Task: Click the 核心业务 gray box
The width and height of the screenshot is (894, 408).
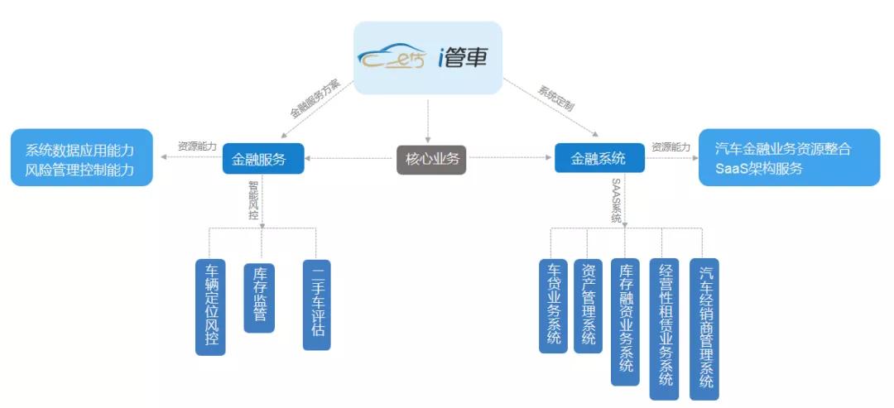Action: coord(431,158)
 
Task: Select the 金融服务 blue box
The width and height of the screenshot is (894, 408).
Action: coord(263,158)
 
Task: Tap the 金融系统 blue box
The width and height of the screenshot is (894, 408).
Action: coord(599,157)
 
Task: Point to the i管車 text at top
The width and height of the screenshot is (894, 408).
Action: coord(462,58)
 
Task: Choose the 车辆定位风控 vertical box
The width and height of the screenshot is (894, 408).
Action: coord(210,307)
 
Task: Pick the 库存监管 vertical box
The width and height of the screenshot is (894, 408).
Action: coord(259,298)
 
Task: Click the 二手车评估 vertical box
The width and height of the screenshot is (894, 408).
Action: coord(316,305)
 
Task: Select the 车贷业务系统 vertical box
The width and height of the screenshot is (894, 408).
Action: coord(553,306)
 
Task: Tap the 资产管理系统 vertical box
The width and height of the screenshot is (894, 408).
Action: coord(588,306)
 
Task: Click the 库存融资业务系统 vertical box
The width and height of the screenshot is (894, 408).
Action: coord(625,322)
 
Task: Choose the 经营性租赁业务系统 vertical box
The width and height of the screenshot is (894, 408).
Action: coord(664,329)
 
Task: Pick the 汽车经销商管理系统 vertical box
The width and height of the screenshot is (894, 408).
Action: coord(704,329)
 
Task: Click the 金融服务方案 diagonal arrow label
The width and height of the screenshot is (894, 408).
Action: coord(315,98)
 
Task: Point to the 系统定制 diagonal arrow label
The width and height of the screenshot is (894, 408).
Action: coord(555,98)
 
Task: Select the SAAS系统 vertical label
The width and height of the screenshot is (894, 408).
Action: coord(616,199)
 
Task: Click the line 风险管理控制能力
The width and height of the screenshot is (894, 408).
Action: coord(79,169)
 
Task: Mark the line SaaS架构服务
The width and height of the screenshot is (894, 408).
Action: coord(759,169)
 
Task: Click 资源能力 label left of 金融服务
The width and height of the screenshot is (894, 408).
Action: coord(197,146)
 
